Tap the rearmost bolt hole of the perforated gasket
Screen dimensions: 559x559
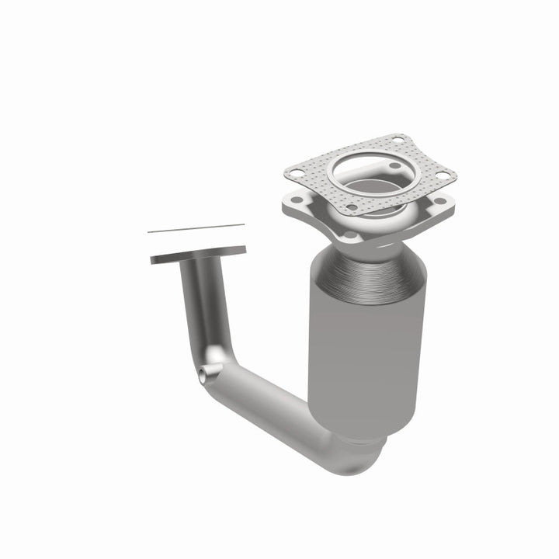click(398, 139)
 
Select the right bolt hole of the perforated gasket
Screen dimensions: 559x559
click(443, 175)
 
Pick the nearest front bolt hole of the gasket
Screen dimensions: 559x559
click(351, 207)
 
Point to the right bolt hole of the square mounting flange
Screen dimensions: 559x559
click(441, 201)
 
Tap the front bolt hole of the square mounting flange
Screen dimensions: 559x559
click(349, 234)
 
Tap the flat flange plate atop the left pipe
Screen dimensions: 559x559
click(198, 255)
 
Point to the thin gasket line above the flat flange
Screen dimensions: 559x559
click(196, 228)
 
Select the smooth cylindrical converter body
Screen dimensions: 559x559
click(357, 342)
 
